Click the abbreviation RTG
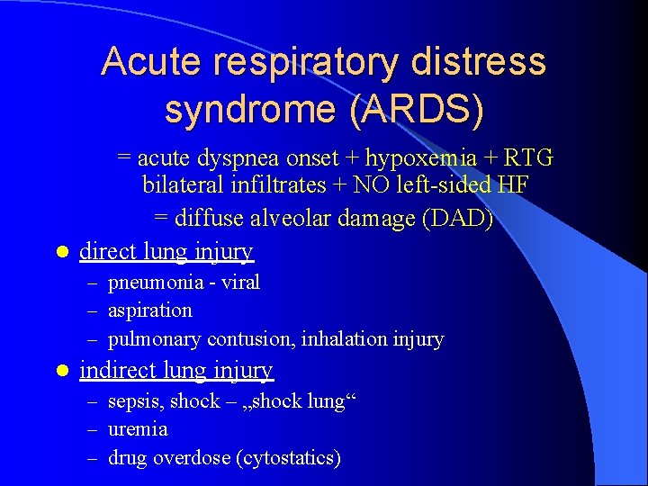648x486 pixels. pos(528,159)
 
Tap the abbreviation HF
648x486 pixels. pos(512,186)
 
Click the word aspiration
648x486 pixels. pos(150,310)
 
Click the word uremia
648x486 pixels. pos(138,429)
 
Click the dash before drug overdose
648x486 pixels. pos(94,458)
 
